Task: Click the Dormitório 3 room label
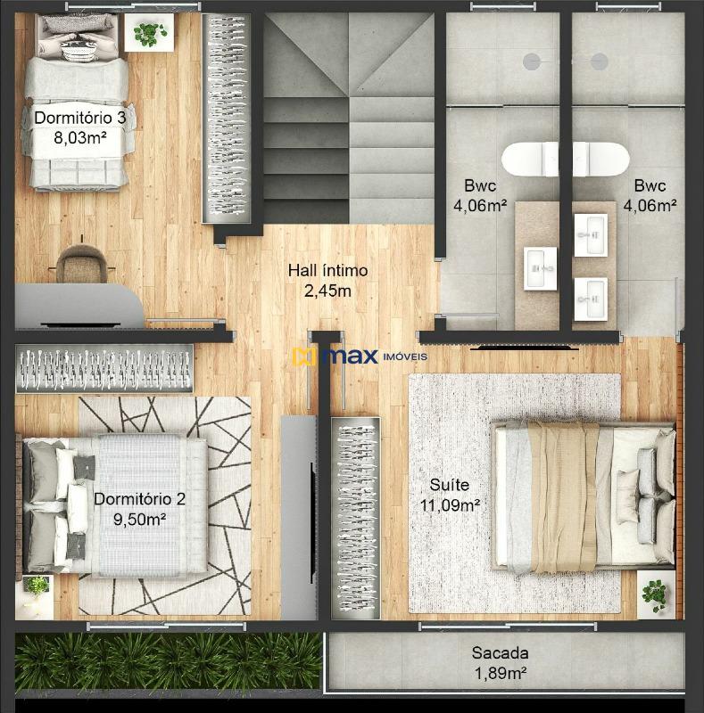click(79, 118)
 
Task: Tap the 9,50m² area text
click(139, 519)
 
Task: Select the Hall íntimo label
click(327, 271)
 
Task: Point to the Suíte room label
click(449, 485)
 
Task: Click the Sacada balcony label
click(500, 653)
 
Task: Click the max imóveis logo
click(360, 356)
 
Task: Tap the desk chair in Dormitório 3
click(81, 264)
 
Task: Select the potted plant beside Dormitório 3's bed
click(149, 33)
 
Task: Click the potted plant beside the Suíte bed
click(655, 594)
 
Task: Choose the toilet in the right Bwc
click(601, 160)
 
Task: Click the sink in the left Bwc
click(540, 268)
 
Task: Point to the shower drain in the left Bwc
click(532, 61)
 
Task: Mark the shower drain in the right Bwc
click(600, 61)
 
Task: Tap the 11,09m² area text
click(450, 504)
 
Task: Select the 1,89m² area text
click(501, 673)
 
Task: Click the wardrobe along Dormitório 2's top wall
click(104, 368)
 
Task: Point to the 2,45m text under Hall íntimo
click(327, 291)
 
